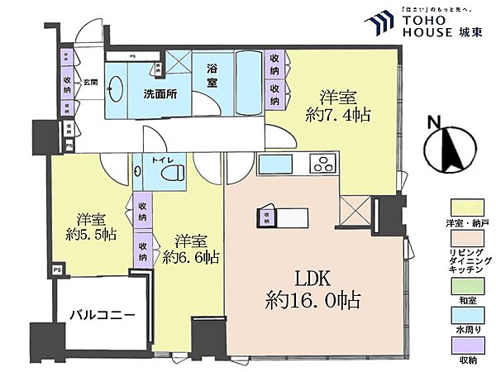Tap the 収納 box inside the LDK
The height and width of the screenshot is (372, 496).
267,218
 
